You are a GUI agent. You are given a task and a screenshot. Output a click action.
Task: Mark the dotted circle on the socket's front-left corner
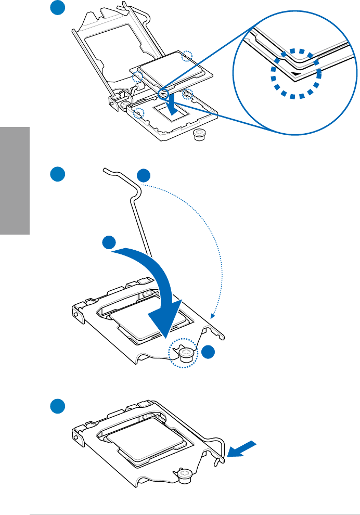[139, 112]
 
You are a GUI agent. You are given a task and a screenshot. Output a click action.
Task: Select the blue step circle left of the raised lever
[58, 174]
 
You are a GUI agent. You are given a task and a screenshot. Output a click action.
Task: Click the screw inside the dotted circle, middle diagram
[186, 354]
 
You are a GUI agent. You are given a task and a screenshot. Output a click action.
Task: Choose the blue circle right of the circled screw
[209, 352]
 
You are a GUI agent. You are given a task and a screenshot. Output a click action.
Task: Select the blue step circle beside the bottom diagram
[58, 406]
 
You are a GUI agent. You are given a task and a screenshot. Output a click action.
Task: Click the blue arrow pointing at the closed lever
[243, 448]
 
